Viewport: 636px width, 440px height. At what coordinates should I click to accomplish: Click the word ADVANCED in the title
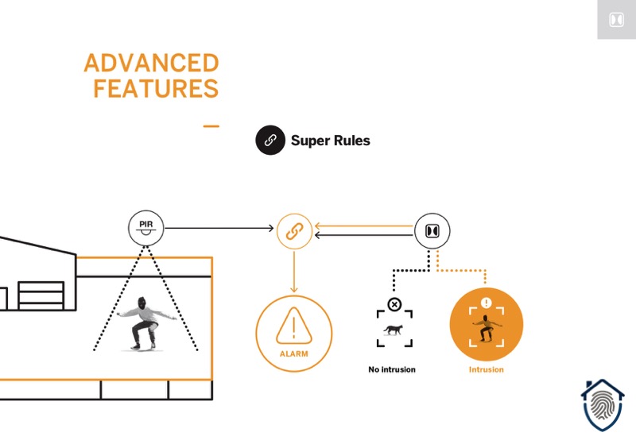[151, 64]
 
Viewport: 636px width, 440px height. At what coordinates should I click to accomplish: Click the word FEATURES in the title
[156, 89]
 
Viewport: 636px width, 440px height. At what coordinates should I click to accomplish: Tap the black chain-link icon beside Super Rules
[270, 141]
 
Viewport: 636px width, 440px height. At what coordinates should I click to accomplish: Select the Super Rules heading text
[331, 141]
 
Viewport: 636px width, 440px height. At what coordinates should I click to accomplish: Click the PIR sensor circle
[146, 228]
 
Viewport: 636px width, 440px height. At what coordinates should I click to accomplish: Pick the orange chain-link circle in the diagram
[294, 231]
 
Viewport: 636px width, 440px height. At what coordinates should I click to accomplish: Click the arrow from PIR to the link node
[219, 229]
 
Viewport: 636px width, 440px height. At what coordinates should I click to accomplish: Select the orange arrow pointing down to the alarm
[294, 272]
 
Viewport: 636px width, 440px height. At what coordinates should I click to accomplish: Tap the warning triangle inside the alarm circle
[294, 326]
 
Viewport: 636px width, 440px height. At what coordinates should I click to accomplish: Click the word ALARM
[294, 354]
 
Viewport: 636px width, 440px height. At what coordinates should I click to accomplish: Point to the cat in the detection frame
[394, 330]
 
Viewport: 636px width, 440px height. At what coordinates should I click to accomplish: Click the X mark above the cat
[394, 304]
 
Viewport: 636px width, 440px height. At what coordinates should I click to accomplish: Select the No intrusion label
[392, 369]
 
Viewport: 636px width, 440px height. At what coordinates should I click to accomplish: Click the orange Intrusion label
[487, 369]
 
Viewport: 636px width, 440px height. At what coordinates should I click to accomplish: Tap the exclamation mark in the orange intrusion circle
[487, 303]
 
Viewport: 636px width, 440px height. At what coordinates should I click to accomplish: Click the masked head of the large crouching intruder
[142, 303]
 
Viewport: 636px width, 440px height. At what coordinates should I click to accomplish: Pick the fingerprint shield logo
[603, 406]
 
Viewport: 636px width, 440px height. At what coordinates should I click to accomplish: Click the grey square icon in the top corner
[617, 19]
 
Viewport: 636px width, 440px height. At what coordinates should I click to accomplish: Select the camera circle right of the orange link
[432, 231]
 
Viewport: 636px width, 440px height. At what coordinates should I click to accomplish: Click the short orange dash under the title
[211, 126]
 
